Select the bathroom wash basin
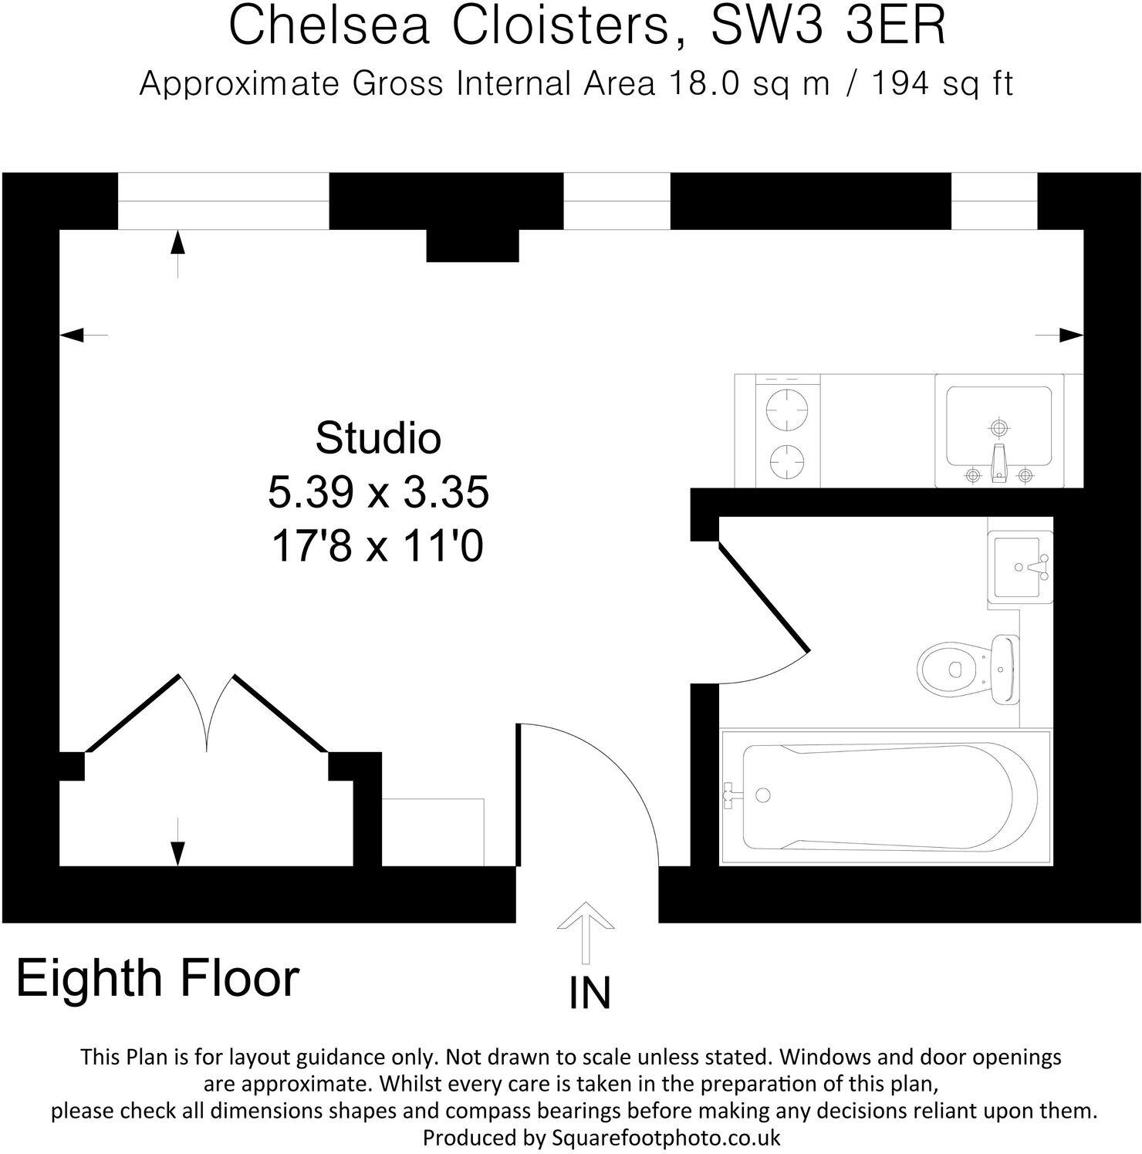[x=1019, y=567]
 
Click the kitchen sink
[x=998, y=430]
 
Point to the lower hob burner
[x=786, y=461]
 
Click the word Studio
[x=378, y=438]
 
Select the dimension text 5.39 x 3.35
[x=378, y=492]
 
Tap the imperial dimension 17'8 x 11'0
[x=378, y=547]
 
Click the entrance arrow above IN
[x=586, y=930]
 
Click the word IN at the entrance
[x=590, y=994]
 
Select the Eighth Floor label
[x=157, y=978]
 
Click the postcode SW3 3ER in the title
[x=827, y=26]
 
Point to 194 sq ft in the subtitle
[x=942, y=83]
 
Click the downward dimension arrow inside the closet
[x=178, y=852]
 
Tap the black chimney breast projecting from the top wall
[x=472, y=245]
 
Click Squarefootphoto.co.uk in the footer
[x=666, y=1138]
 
